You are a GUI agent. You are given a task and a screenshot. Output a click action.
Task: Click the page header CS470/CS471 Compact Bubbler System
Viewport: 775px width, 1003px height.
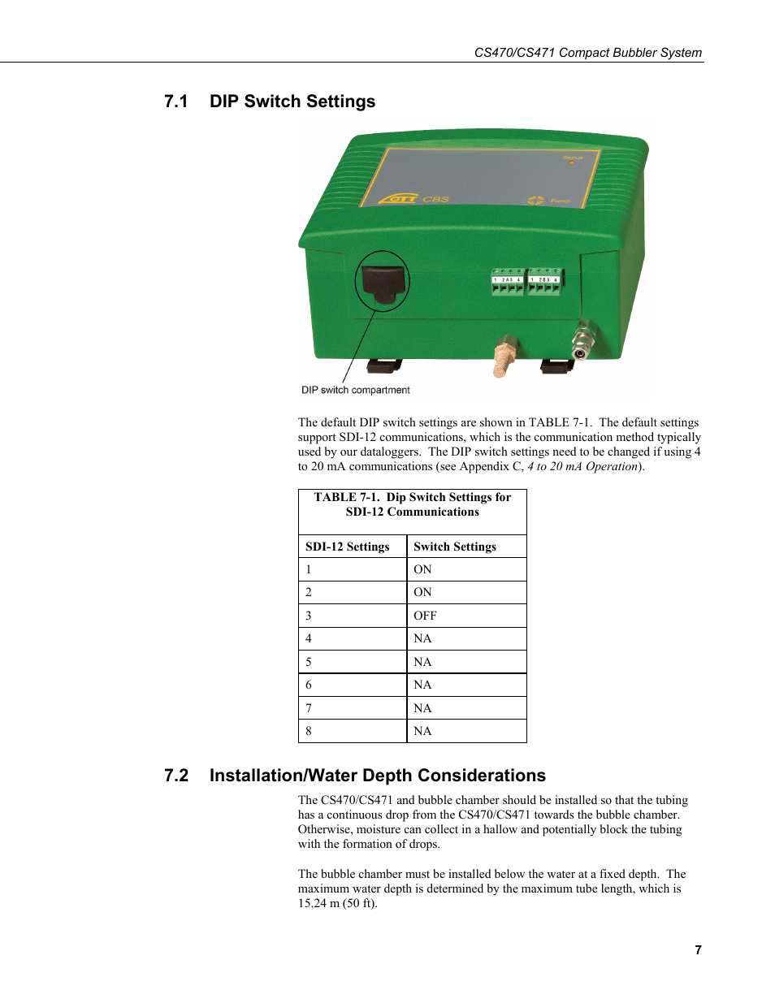(587, 53)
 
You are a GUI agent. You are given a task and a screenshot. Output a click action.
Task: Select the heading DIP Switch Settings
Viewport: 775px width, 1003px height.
(292, 102)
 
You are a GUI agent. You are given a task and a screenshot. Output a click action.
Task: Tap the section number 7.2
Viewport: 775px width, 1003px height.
(175, 776)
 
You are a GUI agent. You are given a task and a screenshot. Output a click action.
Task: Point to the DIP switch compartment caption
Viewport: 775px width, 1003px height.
(355, 391)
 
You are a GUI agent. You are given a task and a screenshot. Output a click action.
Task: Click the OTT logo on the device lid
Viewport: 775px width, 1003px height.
(399, 198)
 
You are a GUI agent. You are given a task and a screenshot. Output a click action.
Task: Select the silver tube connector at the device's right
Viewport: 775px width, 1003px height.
(582, 340)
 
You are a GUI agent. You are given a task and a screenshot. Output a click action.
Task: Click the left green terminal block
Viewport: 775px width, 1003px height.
(507, 282)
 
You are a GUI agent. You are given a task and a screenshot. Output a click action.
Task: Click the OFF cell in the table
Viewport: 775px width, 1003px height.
(425, 616)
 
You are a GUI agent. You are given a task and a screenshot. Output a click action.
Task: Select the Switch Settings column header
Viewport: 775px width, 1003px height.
(454, 547)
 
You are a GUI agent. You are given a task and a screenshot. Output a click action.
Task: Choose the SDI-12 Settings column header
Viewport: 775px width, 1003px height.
(347, 547)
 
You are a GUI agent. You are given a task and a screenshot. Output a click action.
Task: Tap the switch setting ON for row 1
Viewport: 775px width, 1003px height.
(422, 569)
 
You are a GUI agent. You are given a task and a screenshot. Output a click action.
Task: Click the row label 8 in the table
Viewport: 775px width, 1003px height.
(309, 731)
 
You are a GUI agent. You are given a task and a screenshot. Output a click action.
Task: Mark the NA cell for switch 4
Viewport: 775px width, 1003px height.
(422, 638)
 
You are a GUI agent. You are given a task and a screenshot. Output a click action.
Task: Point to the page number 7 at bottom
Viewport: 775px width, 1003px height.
(698, 949)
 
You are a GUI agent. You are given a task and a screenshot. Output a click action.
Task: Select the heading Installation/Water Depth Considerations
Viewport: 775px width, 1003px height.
(377, 776)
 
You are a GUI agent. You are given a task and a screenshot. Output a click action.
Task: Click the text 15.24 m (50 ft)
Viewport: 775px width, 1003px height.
(336, 903)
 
